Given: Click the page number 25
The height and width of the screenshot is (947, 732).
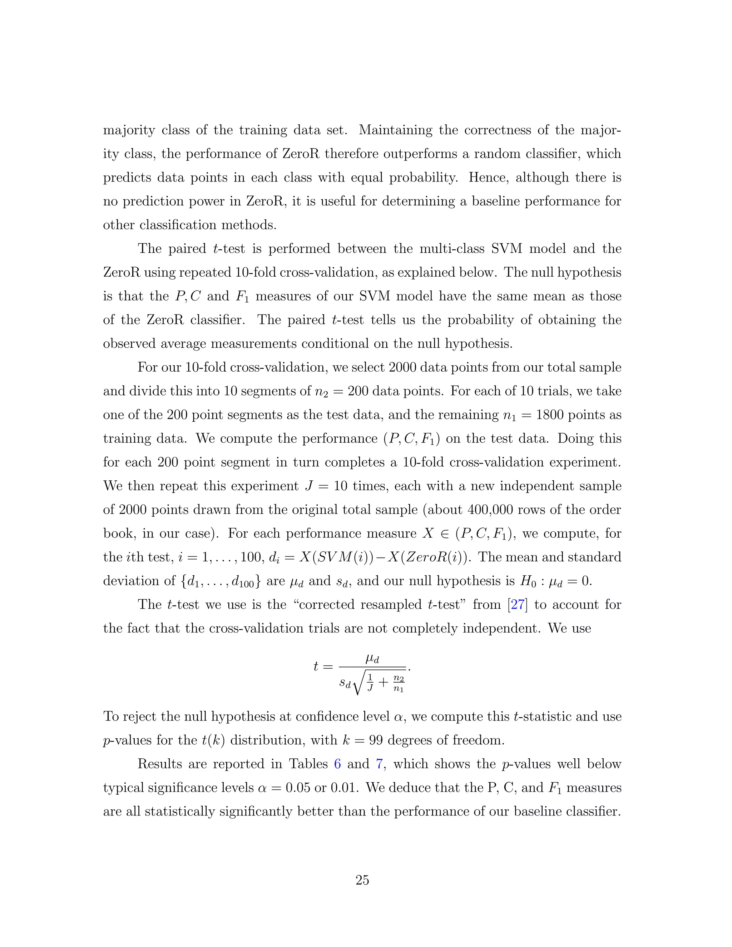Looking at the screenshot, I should [362, 880].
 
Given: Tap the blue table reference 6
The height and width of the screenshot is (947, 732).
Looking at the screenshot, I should [337, 764].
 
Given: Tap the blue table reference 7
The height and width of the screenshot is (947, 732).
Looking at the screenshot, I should [380, 764].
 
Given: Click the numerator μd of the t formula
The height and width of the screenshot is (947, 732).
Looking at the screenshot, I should [372, 659].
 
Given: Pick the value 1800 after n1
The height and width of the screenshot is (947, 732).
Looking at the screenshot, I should [550, 415].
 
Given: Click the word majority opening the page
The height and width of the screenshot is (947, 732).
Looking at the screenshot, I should [129, 130].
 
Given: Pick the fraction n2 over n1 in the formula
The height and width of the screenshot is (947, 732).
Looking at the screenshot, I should [398, 683].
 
